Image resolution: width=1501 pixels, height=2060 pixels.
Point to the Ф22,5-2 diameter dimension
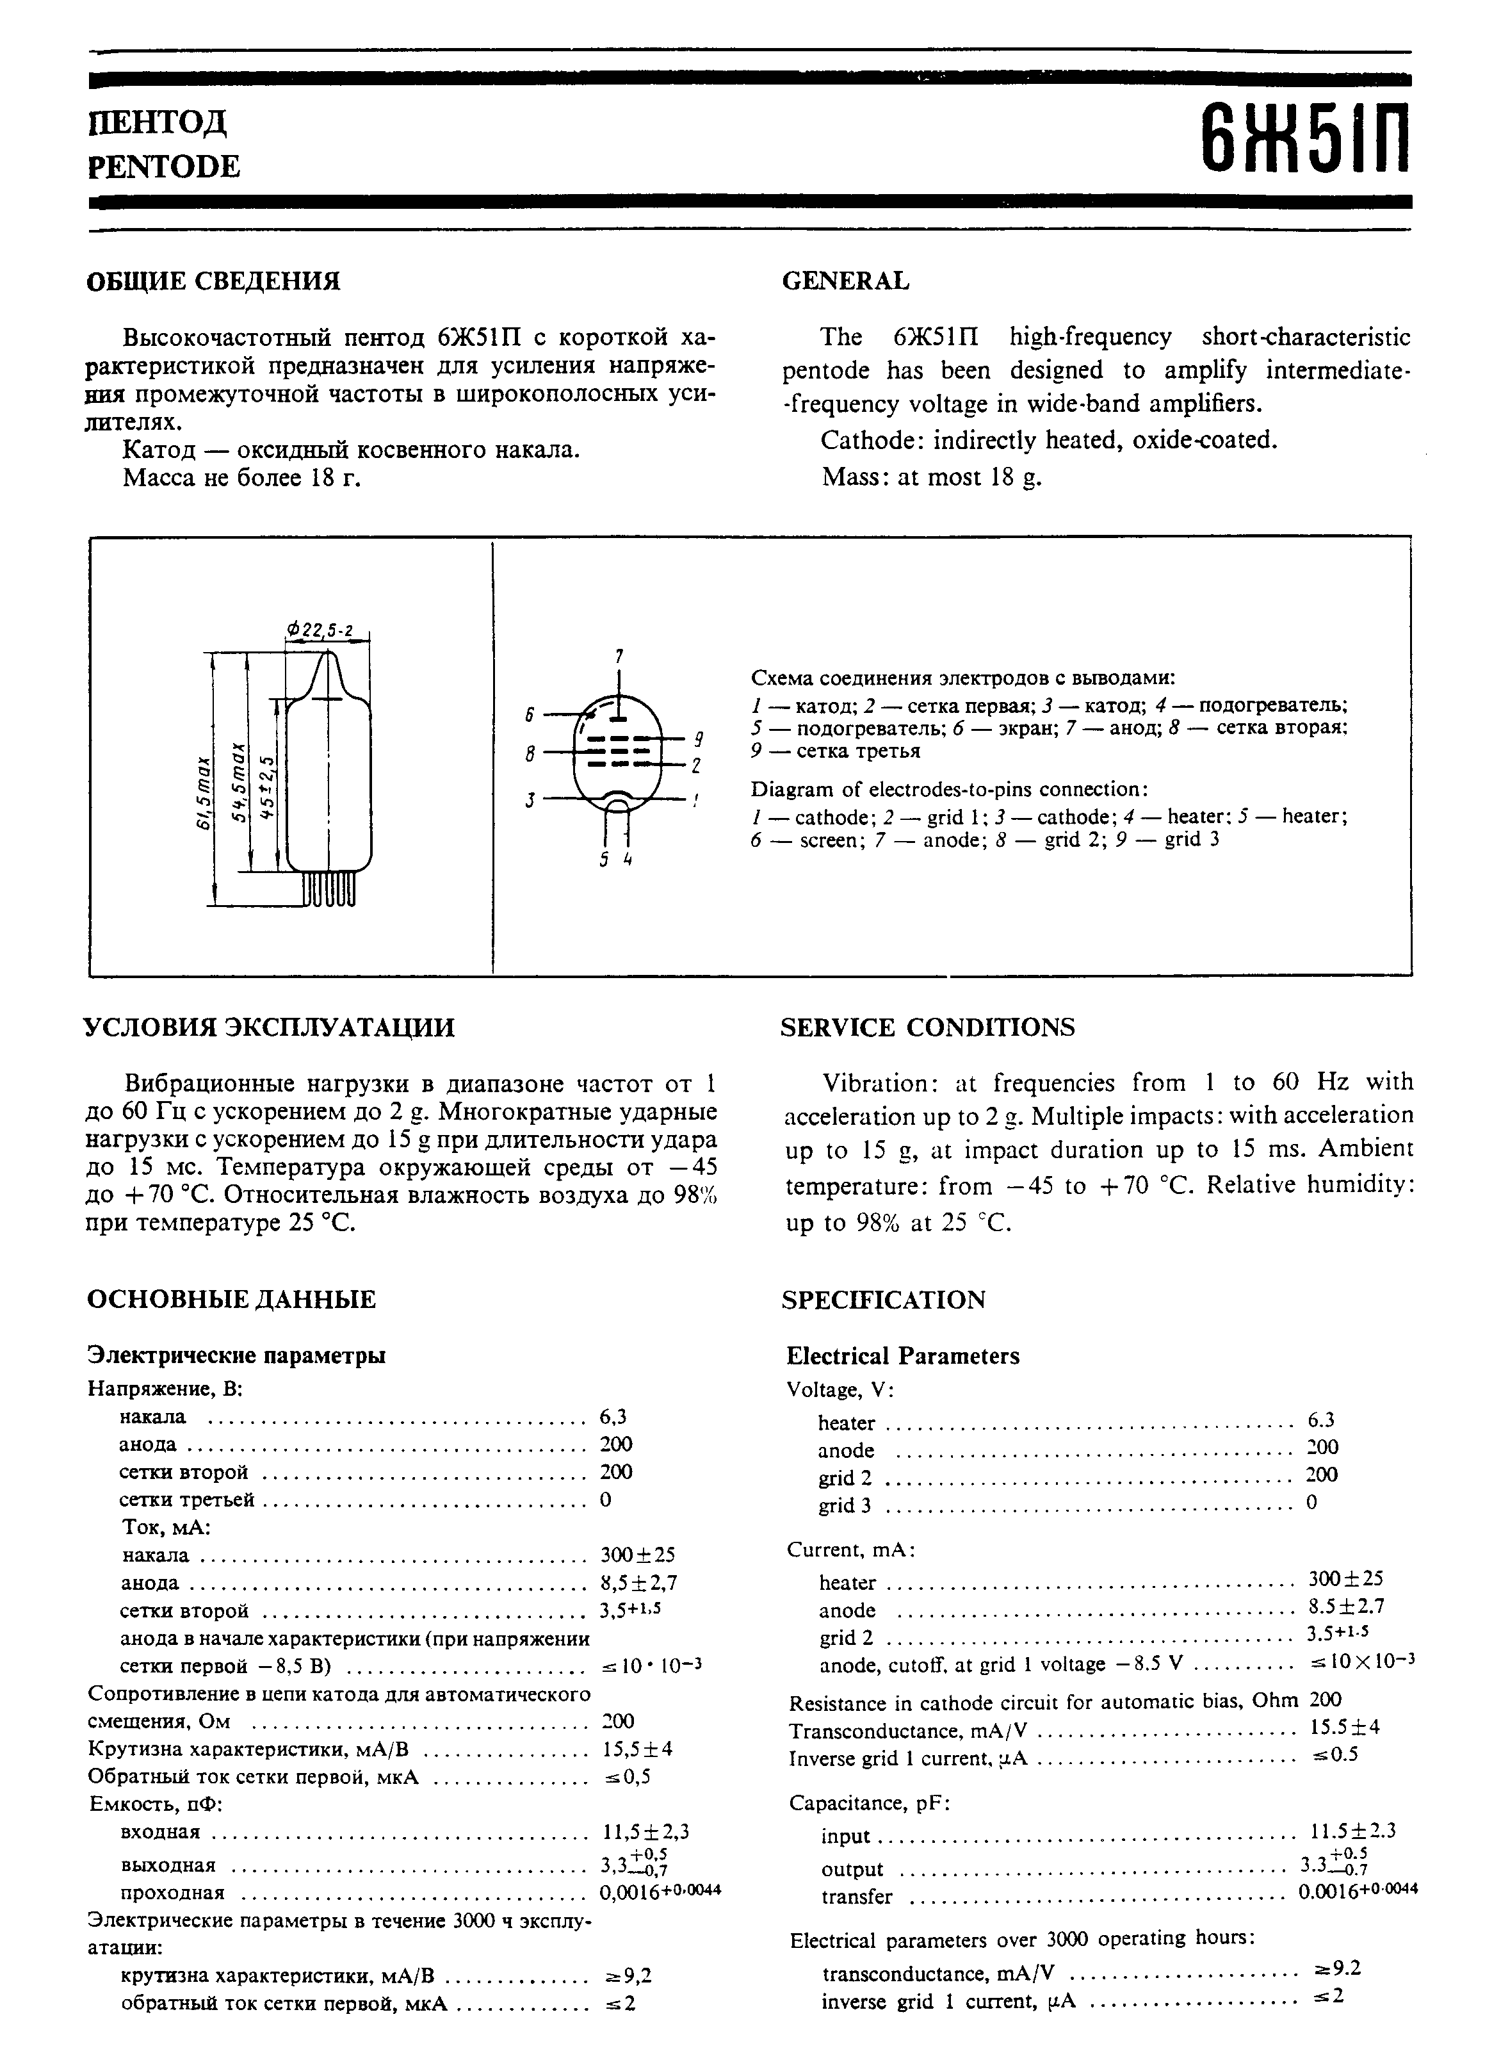[320, 630]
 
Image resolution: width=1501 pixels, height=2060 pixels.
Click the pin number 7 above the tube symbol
[619, 656]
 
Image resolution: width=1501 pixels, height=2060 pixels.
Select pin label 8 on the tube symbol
[529, 753]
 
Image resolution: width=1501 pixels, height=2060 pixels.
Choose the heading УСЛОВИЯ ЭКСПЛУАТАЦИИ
[270, 1027]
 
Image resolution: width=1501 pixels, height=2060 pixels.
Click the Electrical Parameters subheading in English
[902, 1357]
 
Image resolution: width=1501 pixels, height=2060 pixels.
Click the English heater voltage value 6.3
[1321, 1420]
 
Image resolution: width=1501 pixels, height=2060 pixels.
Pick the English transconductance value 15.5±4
[1345, 1726]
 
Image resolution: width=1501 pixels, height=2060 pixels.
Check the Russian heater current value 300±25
[638, 1554]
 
